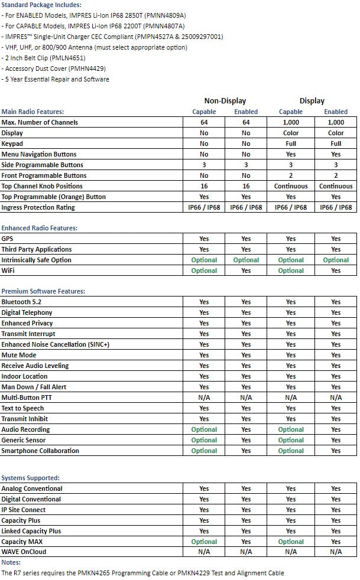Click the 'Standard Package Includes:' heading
(41, 5)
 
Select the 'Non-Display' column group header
(225, 101)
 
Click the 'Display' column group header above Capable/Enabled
(312, 101)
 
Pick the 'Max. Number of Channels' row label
(40, 122)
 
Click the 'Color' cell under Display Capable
(291, 133)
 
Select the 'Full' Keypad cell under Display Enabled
(336, 144)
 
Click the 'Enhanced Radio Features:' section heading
(39, 228)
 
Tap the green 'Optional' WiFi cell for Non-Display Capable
(204, 271)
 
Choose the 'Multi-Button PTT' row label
(27, 397)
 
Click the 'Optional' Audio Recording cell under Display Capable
(291, 429)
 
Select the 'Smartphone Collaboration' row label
(40, 451)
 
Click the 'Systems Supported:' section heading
(30, 478)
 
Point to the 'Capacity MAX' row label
(22, 542)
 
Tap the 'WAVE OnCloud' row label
(24, 552)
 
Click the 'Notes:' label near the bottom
(11, 562)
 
